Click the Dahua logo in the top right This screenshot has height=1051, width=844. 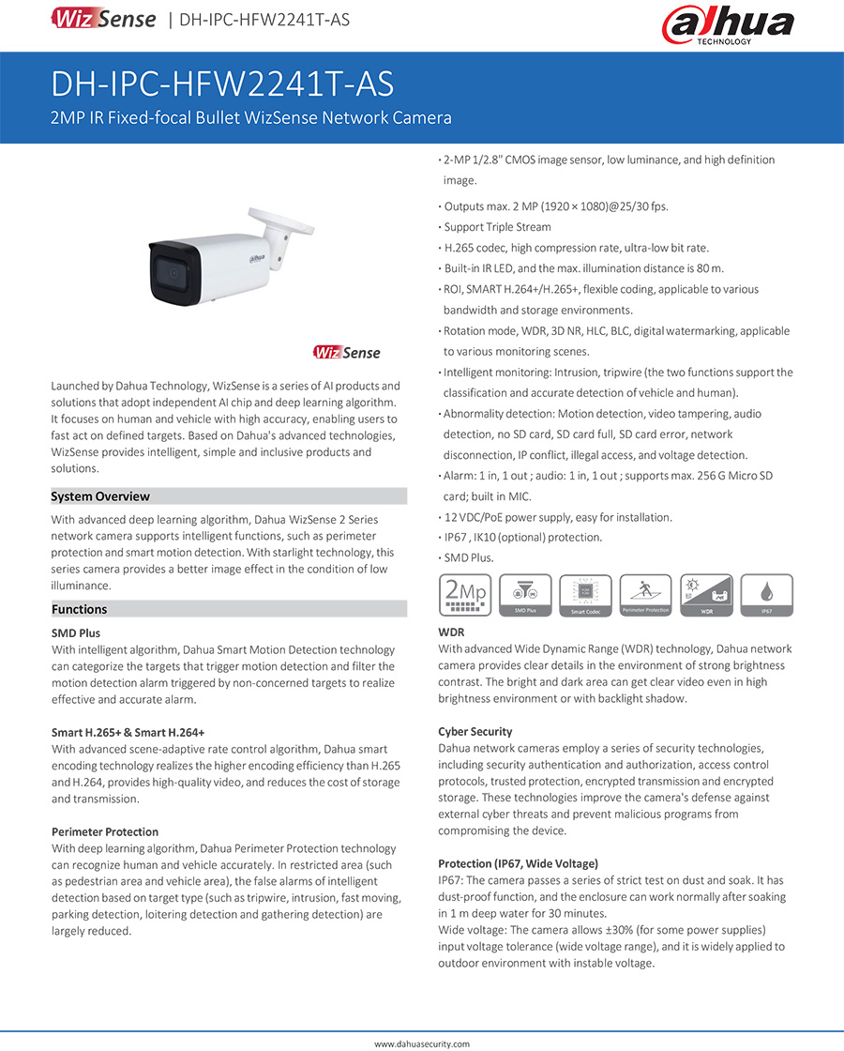(728, 25)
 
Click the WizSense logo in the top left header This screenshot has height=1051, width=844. (103, 19)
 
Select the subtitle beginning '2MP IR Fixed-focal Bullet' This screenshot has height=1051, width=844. (251, 118)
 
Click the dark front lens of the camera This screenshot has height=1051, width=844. (174, 271)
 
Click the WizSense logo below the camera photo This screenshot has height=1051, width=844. (347, 353)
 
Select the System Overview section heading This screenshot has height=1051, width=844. (100, 496)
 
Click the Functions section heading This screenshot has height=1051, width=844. (80, 609)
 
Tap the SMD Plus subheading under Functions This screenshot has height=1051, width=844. (76, 633)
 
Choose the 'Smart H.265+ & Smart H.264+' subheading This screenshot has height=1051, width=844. (128, 733)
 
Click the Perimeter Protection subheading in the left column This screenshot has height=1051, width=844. (105, 832)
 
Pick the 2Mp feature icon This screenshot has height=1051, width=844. (465, 596)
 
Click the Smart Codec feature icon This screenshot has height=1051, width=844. (585, 596)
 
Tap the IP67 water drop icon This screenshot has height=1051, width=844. (766, 596)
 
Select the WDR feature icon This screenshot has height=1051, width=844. (706, 596)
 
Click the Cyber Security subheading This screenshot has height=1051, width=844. (475, 732)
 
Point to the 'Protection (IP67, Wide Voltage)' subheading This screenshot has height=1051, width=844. (518, 864)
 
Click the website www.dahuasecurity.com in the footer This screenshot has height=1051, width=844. (422, 1043)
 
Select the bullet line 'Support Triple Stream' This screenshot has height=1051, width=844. (497, 227)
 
